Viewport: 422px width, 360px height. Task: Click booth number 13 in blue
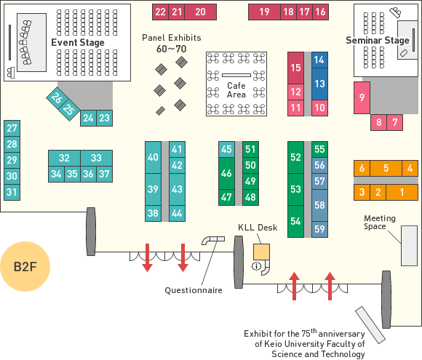click(x=319, y=84)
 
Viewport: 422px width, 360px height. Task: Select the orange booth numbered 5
click(x=386, y=168)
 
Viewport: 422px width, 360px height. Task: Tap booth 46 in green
click(x=226, y=173)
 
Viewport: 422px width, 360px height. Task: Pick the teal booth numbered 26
click(x=57, y=97)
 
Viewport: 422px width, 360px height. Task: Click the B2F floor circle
click(x=25, y=266)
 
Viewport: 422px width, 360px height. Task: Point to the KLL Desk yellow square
click(x=261, y=252)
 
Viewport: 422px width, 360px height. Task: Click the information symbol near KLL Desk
click(x=256, y=266)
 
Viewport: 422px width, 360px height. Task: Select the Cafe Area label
click(x=236, y=90)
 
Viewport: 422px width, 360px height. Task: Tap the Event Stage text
click(x=78, y=42)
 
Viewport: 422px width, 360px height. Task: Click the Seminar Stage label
click(x=378, y=40)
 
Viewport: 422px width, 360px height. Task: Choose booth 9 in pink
click(x=362, y=97)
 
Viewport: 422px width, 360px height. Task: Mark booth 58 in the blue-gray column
click(x=319, y=205)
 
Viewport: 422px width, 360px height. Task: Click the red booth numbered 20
click(x=201, y=12)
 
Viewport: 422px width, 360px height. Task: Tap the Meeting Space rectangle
click(x=409, y=246)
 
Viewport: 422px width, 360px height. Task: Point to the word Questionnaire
click(x=194, y=290)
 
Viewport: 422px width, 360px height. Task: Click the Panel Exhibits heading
click(x=172, y=38)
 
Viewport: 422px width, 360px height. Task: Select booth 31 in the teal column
click(x=12, y=192)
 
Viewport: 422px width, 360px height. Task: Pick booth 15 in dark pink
click(x=296, y=68)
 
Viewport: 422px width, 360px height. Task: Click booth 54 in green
click(x=296, y=221)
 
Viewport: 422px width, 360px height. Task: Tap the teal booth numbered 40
click(x=153, y=157)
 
